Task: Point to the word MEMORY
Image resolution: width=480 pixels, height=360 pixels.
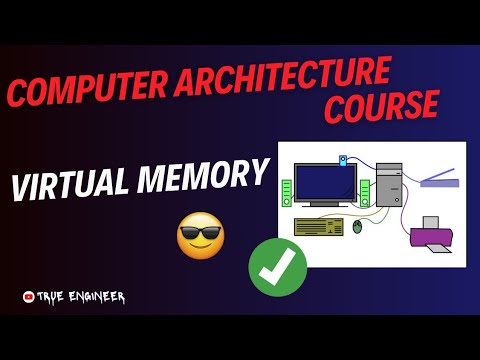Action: [x=205, y=178]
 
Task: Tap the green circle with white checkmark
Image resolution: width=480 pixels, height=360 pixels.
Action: [x=277, y=267]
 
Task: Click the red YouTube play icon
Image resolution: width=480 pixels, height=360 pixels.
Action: [x=27, y=296]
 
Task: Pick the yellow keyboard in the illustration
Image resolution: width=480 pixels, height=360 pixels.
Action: [x=319, y=226]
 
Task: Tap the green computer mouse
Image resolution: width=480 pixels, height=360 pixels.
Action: [x=359, y=228]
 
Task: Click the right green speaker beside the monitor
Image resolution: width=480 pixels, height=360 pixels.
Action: [x=365, y=190]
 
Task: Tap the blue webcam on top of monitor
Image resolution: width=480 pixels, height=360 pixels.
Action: [x=344, y=159]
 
